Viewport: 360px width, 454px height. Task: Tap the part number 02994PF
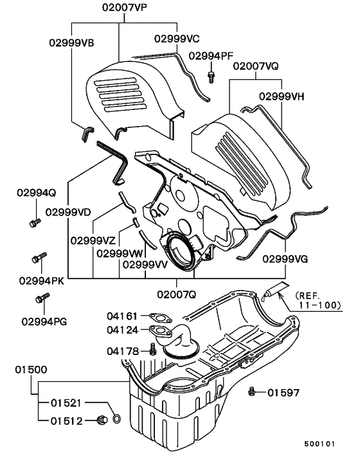click(211, 56)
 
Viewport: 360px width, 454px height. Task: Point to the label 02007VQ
click(255, 66)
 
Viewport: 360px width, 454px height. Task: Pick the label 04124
click(123, 331)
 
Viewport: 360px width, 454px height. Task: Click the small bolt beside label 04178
click(152, 350)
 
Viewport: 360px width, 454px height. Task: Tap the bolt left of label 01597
click(255, 391)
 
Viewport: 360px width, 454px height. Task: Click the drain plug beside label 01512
click(100, 421)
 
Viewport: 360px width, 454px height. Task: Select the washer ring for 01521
click(116, 420)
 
